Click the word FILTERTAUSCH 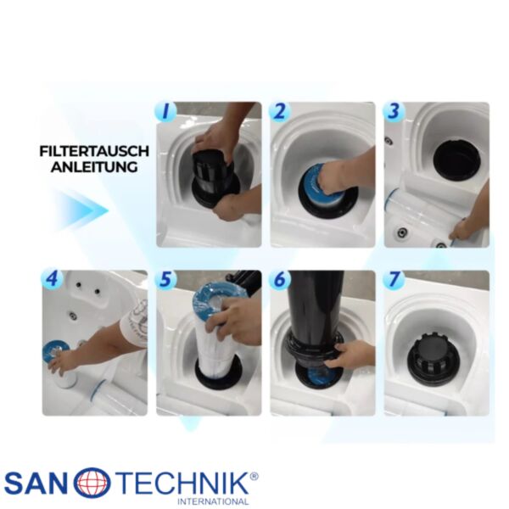[x=94, y=151]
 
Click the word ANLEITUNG [x=94, y=167]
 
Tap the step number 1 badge [x=165, y=111]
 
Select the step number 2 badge [x=279, y=111]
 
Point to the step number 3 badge [x=394, y=111]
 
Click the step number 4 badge [x=52, y=279]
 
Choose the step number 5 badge [x=165, y=279]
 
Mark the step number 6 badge [x=279, y=279]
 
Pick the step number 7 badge [x=394, y=279]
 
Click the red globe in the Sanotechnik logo [x=92, y=484]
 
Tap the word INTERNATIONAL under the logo [x=213, y=501]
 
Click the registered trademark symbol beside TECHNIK [x=255, y=476]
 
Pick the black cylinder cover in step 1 [x=211, y=174]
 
